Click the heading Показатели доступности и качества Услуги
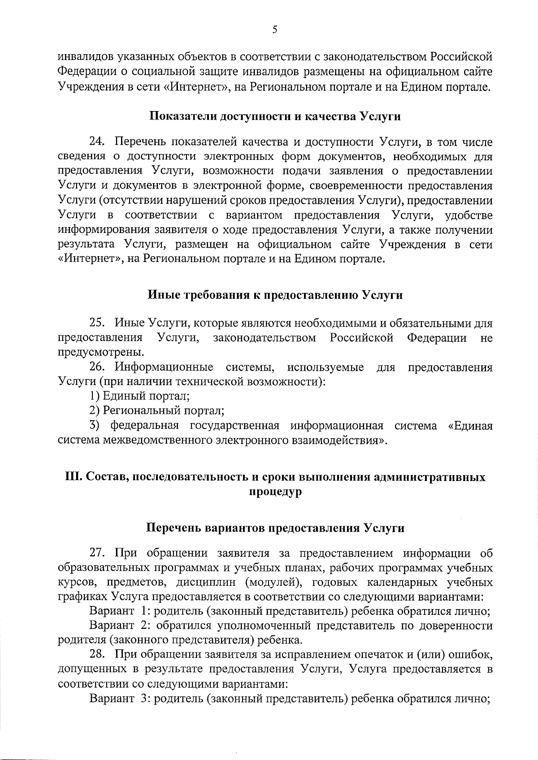[274, 116]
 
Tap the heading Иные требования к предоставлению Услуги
[275, 295]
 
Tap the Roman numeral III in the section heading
[73, 477]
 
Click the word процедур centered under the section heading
[275, 492]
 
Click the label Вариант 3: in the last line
[119, 699]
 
